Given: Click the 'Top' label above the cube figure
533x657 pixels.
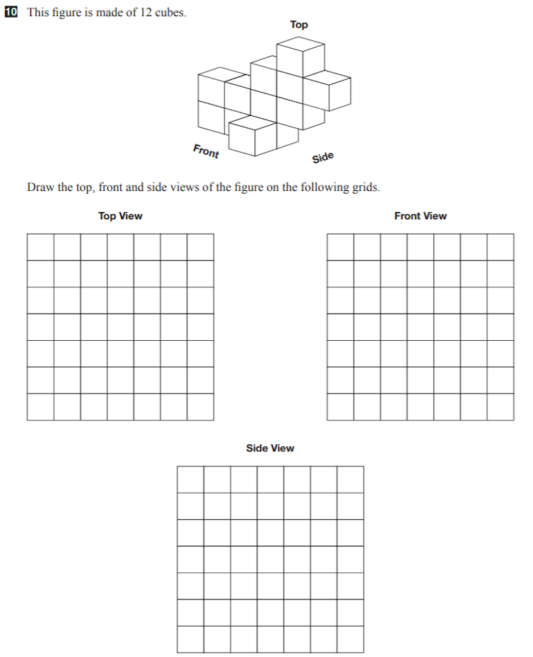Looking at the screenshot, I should [299, 25].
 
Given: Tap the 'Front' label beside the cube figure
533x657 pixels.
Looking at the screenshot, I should [206, 151].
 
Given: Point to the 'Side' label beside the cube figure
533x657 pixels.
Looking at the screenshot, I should [322, 157].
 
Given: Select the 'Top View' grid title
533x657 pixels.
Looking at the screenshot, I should [120, 216].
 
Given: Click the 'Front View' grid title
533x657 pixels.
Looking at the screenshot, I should [421, 216].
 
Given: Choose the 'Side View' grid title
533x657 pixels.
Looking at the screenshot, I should [270, 448].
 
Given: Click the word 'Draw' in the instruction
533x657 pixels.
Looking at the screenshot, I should [40, 187].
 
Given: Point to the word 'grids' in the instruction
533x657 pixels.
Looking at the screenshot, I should [365, 187].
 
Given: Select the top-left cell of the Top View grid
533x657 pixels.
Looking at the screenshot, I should [40, 248].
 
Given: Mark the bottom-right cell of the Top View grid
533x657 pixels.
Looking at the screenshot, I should [200, 407].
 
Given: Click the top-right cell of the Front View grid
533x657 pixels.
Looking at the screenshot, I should [500, 248].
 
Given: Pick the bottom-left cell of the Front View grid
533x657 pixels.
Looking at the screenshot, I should [340, 407].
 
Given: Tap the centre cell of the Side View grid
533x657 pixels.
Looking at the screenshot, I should [270, 559].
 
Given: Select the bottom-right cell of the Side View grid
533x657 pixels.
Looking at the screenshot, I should [350, 639].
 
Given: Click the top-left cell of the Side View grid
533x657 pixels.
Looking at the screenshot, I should [190, 479].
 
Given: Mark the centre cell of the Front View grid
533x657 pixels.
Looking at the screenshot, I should [421, 327].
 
